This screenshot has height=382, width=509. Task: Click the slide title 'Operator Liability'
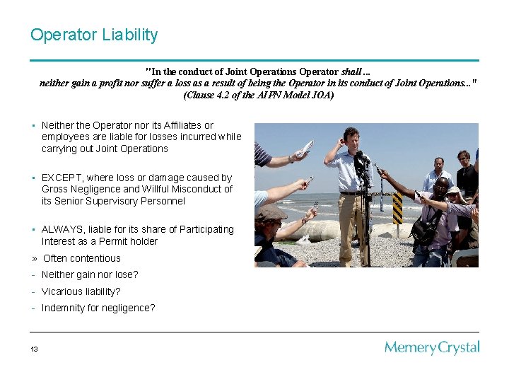pos(94,35)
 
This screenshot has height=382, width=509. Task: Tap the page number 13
pos(34,349)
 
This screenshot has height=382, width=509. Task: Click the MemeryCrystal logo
pos(431,347)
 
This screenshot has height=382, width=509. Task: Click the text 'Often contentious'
pos(81,258)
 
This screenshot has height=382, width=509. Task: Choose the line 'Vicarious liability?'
pos(81,291)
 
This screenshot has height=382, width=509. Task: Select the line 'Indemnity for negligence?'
pos(98,308)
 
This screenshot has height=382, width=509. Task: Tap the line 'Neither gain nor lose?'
pos(90,274)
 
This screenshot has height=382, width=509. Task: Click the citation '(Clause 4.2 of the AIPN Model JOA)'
pos(258,95)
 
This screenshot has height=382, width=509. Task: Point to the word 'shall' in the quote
pos(351,71)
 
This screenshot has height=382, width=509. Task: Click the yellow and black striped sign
pos(397,208)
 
